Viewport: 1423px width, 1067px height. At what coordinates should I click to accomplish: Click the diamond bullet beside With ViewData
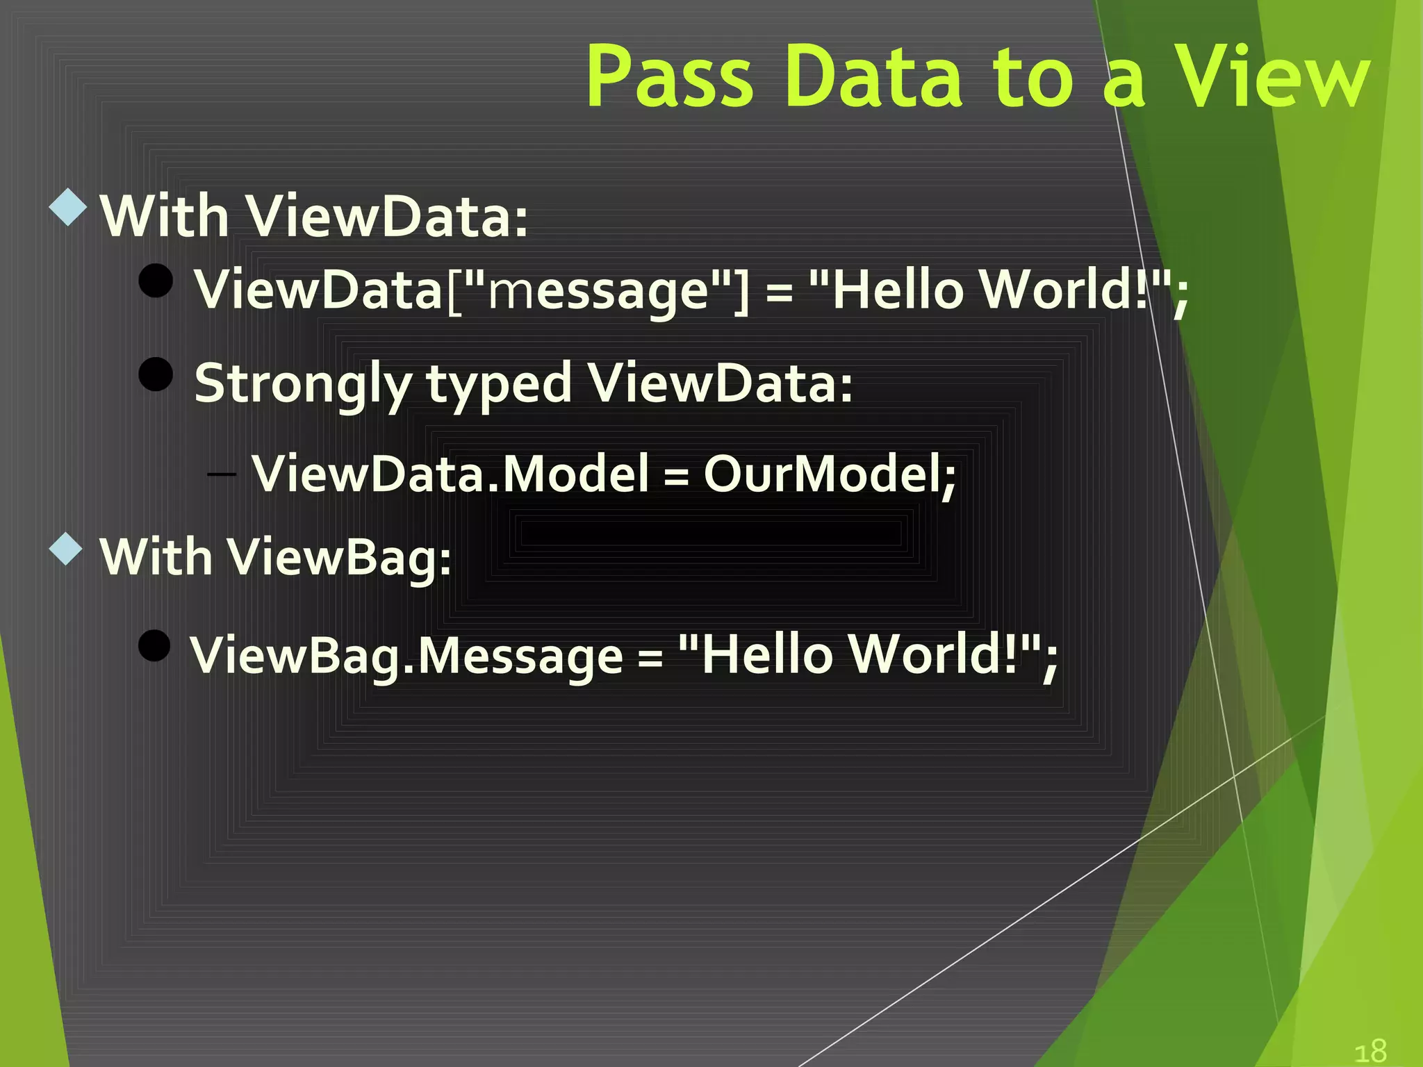click(68, 207)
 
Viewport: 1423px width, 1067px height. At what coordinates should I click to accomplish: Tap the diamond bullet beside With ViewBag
click(67, 549)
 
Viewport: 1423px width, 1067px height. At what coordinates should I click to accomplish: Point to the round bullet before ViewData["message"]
click(156, 281)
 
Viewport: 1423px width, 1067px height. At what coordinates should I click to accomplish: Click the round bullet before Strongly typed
click(156, 374)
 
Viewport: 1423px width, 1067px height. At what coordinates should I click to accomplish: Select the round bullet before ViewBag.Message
click(154, 646)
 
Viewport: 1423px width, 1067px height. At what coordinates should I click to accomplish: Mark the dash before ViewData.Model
click(222, 474)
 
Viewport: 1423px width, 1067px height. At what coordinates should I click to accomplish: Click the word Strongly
click(303, 383)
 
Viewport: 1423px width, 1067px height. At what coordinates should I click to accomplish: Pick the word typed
click(499, 383)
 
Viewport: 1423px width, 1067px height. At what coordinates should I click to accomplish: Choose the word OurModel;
click(830, 474)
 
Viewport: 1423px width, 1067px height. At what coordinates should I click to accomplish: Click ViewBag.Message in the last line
click(407, 656)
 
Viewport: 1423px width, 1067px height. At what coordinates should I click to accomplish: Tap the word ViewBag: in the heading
click(340, 558)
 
